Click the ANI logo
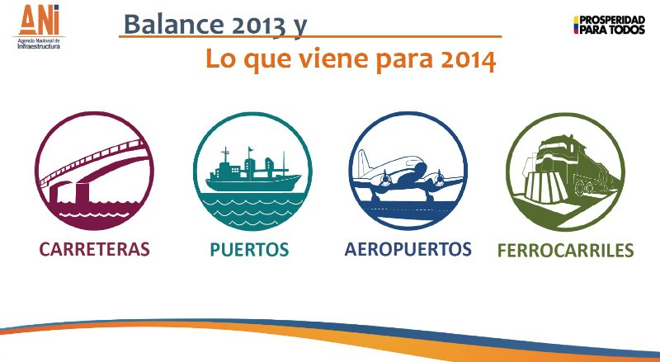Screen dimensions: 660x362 pyautogui.click(x=39, y=26)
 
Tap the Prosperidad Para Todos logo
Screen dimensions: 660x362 pyautogui.click(x=609, y=25)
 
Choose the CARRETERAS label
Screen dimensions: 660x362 pyautogui.click(x=95, y=249)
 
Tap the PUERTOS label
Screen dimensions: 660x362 pyautogui.click(x=250, y=249)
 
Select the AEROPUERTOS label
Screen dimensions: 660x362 pyautogui.click(x=408, y=249)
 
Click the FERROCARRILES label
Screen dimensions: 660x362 pyautogui.click(x=565, y=250)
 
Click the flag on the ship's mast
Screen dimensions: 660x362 pyautogui.click(x=251, y=149)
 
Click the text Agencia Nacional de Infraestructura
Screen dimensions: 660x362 pyautogui.click(x=39, y=44)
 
